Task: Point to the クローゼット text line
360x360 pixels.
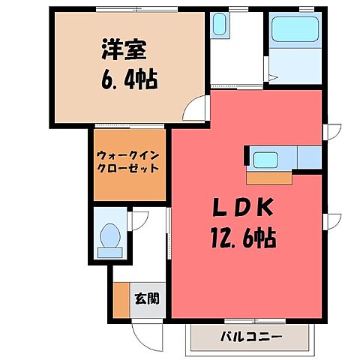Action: pyautogui.click(x=129, y=169)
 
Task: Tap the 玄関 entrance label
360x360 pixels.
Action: pyautogui.click(x=147, y=298)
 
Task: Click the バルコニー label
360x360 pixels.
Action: pyautogui.click(x=251, y=337)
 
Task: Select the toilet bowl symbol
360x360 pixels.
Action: pyautogui.click(x=110, y=238)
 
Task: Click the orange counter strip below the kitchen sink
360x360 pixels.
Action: pyautogui.click(x=270, y=178)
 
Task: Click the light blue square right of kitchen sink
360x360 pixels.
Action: pyautogui.click(x=309, y=157)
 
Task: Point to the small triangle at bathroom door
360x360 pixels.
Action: pyautogui.click(x=274, y=77)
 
